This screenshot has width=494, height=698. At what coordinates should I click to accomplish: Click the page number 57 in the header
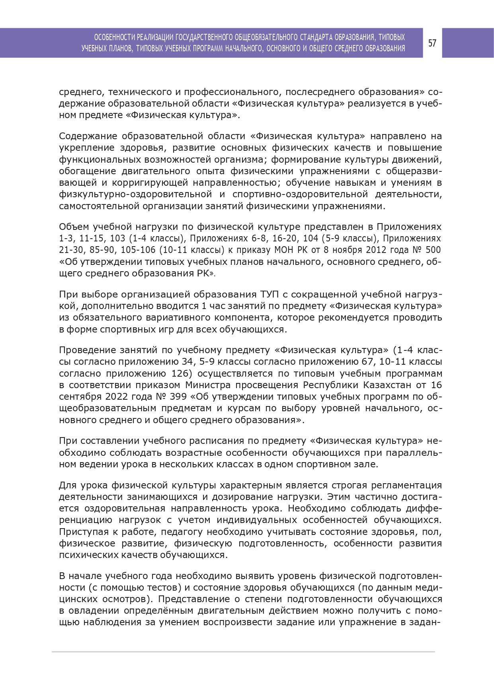(432, 43)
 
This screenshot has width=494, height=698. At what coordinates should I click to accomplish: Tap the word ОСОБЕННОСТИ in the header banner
(114, 37)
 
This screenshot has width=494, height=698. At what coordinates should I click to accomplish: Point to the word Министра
(208, 385)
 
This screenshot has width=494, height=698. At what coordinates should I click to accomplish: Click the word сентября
(79, 397)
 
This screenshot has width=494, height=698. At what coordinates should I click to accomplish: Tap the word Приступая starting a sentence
(82, 531)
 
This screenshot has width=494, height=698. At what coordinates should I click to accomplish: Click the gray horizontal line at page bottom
(243, 652)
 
